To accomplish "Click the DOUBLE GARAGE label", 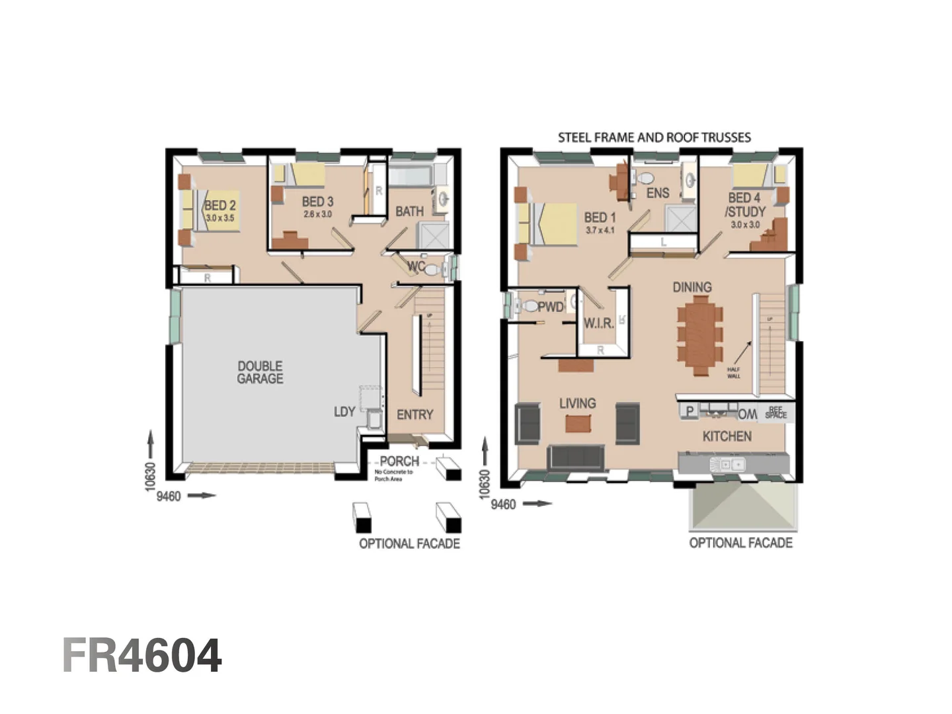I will pos(260,372).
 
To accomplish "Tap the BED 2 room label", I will pos(220,206).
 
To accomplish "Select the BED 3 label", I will pos(317,202).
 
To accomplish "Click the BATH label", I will pos(409,212).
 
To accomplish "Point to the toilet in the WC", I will pos(432,270).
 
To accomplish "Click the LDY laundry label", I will pos(344,412).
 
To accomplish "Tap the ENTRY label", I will pos(415,415).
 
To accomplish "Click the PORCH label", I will pos(399,461).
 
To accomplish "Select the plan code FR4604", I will pos(142,656).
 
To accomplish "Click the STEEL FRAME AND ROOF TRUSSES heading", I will pos(654,138).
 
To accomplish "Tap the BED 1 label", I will pos(600,218).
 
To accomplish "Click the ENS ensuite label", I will pos(658,193).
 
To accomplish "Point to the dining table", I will pos(699,335).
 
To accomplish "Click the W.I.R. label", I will pos(598,324).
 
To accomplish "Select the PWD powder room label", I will pos(550,307).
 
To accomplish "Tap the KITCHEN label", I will pos(727,436).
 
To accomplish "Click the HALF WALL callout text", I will pos(734,373).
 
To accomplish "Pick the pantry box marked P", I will pos(690,411).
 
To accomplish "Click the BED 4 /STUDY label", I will pos(744,205).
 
